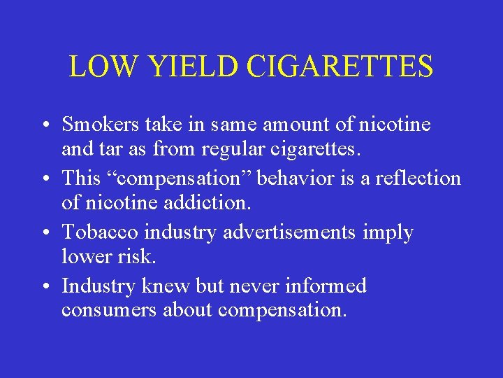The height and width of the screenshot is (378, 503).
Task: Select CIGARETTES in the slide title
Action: pos(339,66)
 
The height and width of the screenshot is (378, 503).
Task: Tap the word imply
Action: pos(388,233)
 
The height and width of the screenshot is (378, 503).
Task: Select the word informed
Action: pos(326,286)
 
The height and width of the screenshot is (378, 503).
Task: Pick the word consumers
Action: pos(109,310)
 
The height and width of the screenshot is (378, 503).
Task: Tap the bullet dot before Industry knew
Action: pos(44,287)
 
